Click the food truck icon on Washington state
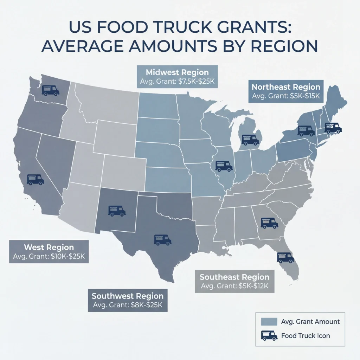click(50, 90)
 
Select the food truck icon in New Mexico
click(117, 211)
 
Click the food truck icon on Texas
click(162, 240)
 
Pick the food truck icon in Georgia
click(269, 223)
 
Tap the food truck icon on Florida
click(285, 257)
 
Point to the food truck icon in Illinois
click(224, 166)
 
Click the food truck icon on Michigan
click(250, 140)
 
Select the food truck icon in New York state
click(306, 130)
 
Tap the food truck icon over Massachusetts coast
click(333, 128)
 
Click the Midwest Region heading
click(177, 73)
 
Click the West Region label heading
click(49, 247)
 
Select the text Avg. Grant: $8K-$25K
click(127, 304)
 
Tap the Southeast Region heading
click(234, 277)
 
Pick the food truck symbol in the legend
click(269, 335)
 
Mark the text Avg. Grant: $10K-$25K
click(49, 256)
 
